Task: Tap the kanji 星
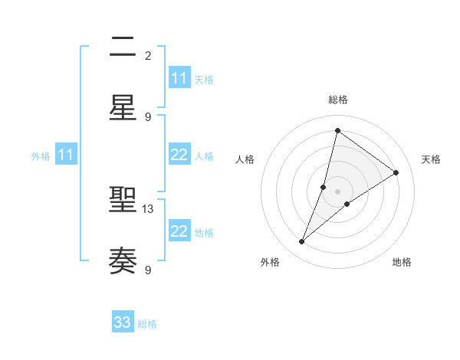(x=123, y=107)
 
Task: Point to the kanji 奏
(x=123, y=260)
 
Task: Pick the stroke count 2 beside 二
(x=148, y=56)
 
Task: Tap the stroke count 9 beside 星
(x=148, y=116)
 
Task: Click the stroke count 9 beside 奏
(x=148, y=270)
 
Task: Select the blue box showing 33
(x=123, y=322)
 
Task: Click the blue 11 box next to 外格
(x=66, y=155)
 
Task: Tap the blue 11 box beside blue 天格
(x=179, y=78)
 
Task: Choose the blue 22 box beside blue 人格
(x=179, y=155)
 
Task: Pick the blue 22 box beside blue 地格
(x=179, y=231)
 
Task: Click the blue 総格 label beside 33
(x=147, y=324)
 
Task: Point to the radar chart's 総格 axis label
(x=337, y=100)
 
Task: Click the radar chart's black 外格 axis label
(x=269, y=262)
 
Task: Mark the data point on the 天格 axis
(x=396, y=172)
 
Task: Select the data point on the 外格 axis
(x=302, y=242)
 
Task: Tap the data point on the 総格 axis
(x=337, y=130)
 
